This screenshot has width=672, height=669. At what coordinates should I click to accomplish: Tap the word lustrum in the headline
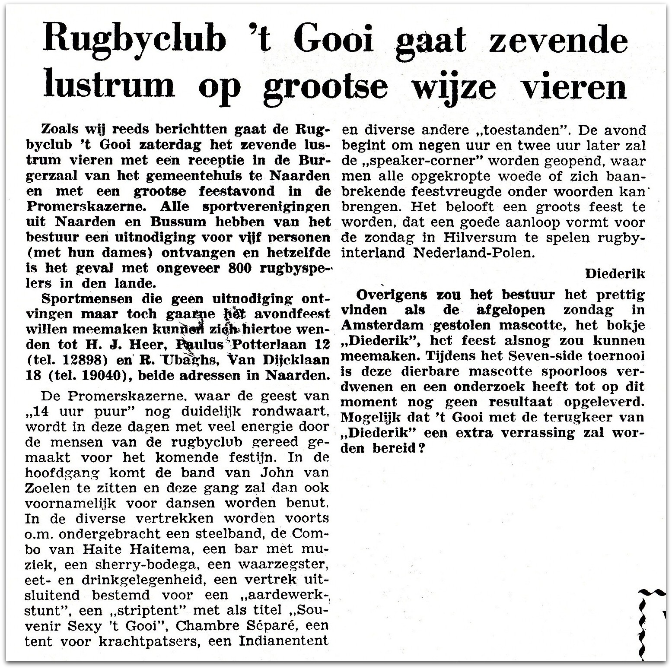(109, 86)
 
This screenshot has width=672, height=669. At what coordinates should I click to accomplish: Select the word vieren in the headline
(574, 86)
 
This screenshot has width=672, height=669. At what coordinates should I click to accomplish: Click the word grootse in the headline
(325, 86)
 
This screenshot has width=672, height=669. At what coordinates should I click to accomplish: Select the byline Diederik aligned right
(615, 274)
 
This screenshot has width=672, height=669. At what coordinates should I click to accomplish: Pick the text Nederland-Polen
(474, 253)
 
